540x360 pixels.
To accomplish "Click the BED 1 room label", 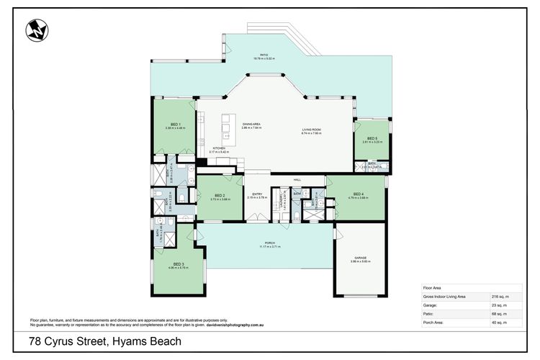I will click(x=176, y=124).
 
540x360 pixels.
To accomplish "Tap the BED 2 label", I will click(x=221, y=196).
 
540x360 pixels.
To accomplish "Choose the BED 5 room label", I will click(x=372, y=138).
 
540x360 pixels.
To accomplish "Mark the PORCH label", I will click(x=269, y=243).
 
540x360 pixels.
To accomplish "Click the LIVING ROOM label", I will click(x=311, y=130).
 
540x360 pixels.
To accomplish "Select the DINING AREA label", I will click(x=251, y=125).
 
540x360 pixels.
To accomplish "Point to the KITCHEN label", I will click(x=218, y=148).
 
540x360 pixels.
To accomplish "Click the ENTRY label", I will click(x=257, y=193).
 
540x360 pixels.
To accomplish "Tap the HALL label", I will click(x=297, y=180).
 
